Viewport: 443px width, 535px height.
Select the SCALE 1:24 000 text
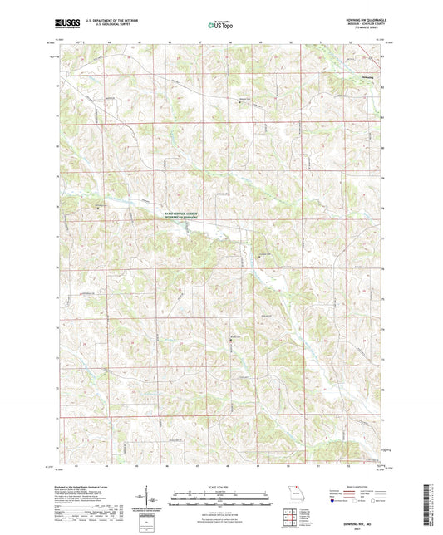(x=221, y=485)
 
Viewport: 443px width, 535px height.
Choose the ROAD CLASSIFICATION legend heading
(x=347, y=486)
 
